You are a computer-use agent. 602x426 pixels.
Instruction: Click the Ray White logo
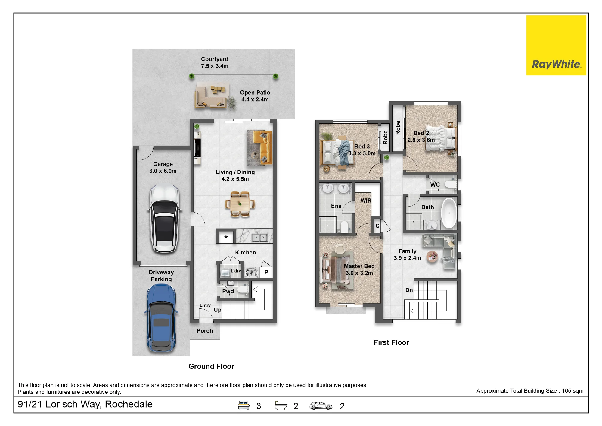coord(556,45)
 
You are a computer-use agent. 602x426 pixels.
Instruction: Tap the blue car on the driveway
coord(161,318)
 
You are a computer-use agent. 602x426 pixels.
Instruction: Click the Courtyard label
coord(215,59)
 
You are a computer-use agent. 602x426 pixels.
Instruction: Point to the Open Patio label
coord(255,93)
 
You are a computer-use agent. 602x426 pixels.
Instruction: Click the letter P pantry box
coord(266,272)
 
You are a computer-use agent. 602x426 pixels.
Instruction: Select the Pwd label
coord(228,291)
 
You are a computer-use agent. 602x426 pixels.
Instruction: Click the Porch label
coord(205,331)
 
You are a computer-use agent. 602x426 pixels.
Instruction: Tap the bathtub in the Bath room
coord(449,213)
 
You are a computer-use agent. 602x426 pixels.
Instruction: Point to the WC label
coord(435,185)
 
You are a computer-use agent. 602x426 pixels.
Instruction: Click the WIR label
coord(366,200)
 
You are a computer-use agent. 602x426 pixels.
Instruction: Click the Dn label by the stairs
coord(409,290)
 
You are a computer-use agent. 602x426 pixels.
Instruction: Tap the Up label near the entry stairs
coord(217,310)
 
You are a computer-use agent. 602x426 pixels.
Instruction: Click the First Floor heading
coord(391,342)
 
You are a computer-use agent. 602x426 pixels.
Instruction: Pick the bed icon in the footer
coord(244,405)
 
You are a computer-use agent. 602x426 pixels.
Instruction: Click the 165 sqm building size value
coord(573,391)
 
